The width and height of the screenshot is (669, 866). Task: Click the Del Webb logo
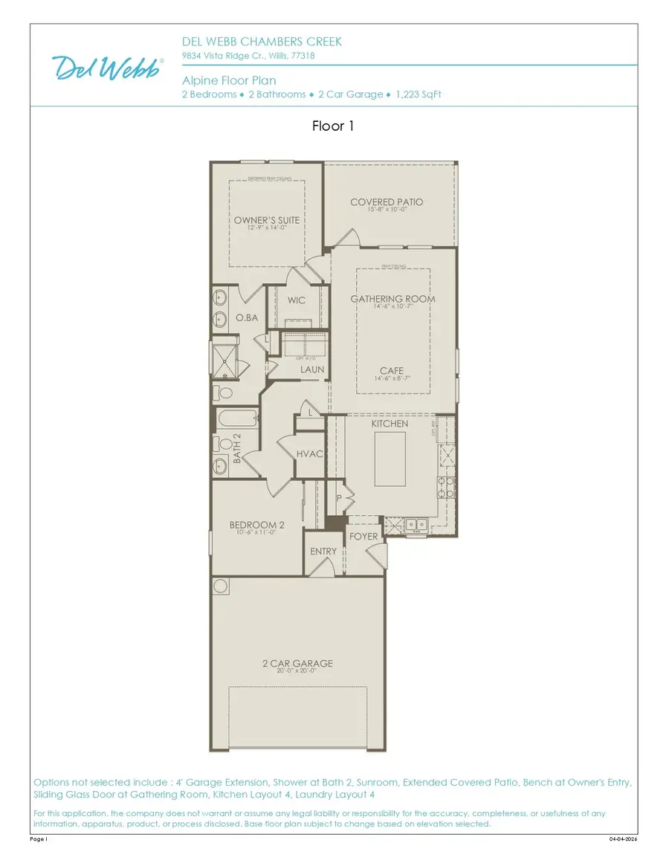[x=109, y=68]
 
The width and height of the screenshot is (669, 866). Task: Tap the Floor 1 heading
[x=333, y=126]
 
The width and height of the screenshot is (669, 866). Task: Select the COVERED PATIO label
[x=387, y=202]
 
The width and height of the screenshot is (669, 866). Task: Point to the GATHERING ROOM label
[x=392, y=300]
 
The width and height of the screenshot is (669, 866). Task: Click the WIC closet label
[x=297, y=302]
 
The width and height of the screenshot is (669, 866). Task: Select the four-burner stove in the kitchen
[x=446, y=487]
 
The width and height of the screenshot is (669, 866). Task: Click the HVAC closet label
[x=309, y=453]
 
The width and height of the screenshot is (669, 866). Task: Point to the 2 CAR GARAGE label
[x=297, y=663]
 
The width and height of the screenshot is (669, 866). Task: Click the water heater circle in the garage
[x=221, y=587]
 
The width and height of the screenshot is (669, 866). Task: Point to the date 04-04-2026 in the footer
[x=623, y=839]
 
